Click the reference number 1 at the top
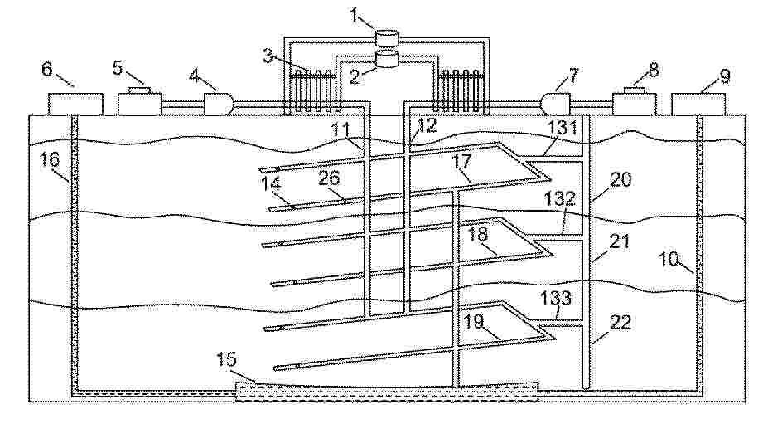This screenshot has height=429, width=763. [355, 16]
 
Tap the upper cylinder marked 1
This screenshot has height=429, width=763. [388, 38]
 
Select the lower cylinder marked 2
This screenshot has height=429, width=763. [388, 59]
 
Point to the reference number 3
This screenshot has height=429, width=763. [268, 56]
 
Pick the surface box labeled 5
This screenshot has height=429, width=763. [139, 101]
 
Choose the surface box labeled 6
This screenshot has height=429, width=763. [75, 105]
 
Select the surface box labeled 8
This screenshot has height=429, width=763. [634, 101]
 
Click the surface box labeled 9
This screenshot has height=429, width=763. [698, 105]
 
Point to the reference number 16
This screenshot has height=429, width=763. [49, 160]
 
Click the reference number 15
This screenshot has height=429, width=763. [226, 360]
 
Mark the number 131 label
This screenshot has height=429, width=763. [563, 128]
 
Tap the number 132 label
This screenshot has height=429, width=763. [559, 198]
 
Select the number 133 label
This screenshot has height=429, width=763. [556, 298]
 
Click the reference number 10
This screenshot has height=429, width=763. [669, 259]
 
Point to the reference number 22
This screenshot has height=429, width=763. [621, 322]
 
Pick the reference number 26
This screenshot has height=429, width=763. [329, 178]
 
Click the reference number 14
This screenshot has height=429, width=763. [271, 184]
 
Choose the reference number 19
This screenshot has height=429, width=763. [474, 322]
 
